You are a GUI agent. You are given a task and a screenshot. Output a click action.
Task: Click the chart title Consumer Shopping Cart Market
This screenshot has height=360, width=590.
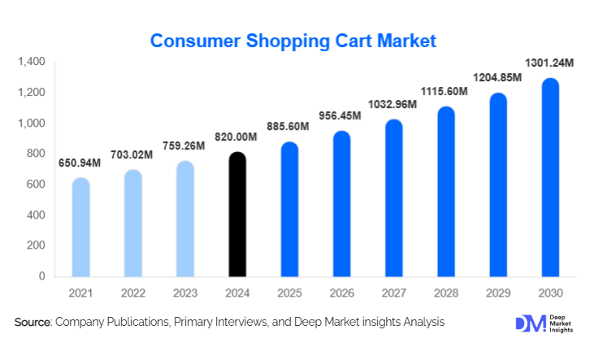click(x=294, y=40)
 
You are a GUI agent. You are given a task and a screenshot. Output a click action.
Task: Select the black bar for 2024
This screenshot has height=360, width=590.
click(x=236, y=215)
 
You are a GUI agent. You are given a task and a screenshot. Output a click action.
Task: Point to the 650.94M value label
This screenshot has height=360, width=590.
click(x=80, y=163)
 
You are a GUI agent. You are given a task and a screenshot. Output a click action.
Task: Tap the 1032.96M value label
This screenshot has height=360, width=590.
click(x=393, y=105)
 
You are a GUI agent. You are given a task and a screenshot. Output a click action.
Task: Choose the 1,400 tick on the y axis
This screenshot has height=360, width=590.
click(x=30, y=62)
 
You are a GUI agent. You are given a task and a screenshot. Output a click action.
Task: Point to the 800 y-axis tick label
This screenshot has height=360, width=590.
click(x=35, y=154)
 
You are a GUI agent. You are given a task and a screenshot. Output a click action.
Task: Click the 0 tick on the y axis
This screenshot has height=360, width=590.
click(x=41, y=276)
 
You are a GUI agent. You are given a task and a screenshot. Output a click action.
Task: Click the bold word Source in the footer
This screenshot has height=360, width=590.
click(x=33, y=323)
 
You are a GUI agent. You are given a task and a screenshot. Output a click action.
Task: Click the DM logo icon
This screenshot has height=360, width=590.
click(x=527, y=323)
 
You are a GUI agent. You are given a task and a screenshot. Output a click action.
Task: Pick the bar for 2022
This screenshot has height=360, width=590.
click(x=132, y=223)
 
